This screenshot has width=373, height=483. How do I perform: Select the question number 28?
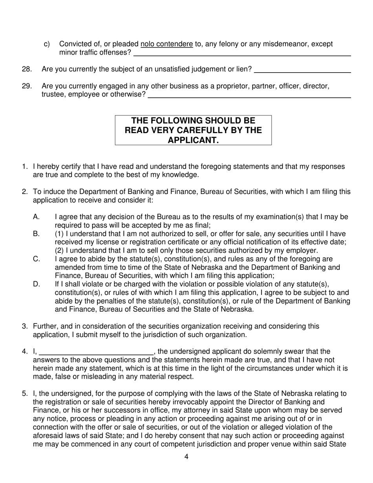click(x=27, y=70)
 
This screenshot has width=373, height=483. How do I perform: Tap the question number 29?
click(x=27, y=86)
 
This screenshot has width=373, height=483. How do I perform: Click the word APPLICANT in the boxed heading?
click(x=193, y=140)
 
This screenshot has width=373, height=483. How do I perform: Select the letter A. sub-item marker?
click(x=37, y=217)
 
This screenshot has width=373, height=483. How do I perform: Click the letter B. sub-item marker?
click(x=37, y=234)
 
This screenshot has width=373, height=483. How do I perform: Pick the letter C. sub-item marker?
click(x=37, y=259)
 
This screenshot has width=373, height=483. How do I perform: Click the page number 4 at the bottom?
click(x=186, y=457)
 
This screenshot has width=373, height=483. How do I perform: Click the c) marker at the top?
click(x=47, y=44)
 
